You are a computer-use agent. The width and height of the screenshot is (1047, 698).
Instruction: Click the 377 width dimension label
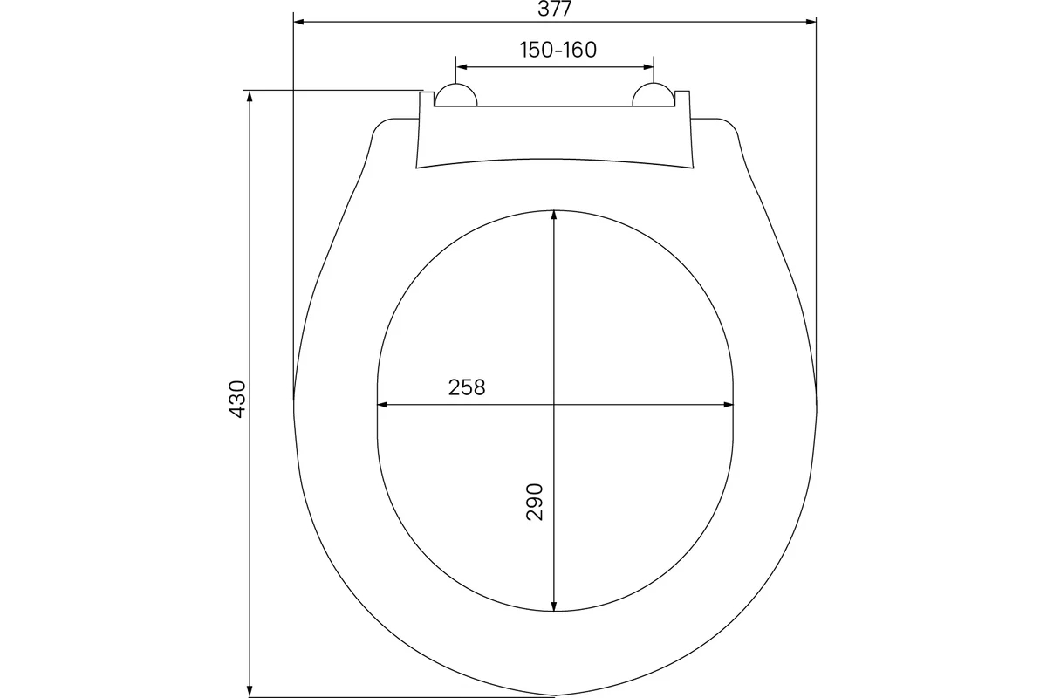[x=554, y=9]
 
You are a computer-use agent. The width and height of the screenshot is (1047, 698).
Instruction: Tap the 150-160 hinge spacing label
[x=558, y=50]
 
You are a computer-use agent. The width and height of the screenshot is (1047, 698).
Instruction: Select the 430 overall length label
[x=237, y=399]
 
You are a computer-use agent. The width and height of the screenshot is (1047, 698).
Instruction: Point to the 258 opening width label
[x=467, y=387]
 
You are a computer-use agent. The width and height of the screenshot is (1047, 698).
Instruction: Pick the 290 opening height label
[x=534, y=502]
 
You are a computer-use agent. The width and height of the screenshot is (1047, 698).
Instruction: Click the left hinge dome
[x=455, y=95]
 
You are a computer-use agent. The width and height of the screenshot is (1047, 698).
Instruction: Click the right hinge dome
[x=654, y=95]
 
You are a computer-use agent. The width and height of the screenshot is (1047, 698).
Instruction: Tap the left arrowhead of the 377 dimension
[x=299, y=22]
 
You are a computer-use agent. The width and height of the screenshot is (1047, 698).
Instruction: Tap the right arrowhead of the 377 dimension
[x=811, y=22]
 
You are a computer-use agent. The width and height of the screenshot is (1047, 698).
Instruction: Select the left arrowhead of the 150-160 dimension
[x=462, y=67]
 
